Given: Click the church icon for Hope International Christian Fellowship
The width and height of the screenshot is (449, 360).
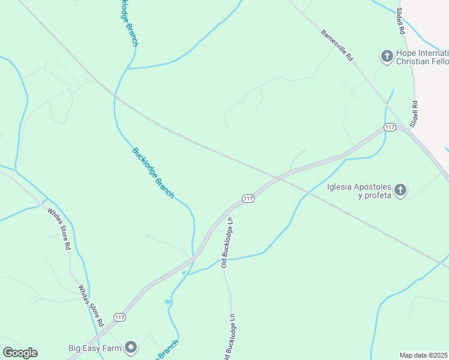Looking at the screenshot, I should [387, 57].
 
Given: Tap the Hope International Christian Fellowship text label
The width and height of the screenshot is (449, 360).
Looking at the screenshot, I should [423, 57].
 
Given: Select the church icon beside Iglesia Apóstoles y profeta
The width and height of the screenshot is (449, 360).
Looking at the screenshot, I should [401, 191].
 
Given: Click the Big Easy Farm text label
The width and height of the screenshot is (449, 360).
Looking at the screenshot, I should [94, 347].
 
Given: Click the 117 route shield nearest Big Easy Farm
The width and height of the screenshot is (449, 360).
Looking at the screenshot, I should [120, 317].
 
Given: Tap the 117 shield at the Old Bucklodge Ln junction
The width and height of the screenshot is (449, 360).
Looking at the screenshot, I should [248, 198].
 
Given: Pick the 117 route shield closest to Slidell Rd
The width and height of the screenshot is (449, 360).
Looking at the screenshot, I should [390, 127].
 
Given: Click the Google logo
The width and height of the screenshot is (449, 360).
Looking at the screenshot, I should [20, 353].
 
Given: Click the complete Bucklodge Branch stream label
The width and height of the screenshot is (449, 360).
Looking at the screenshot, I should [153, 172].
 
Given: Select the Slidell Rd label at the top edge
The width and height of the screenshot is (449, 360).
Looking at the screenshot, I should [400, 21].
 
